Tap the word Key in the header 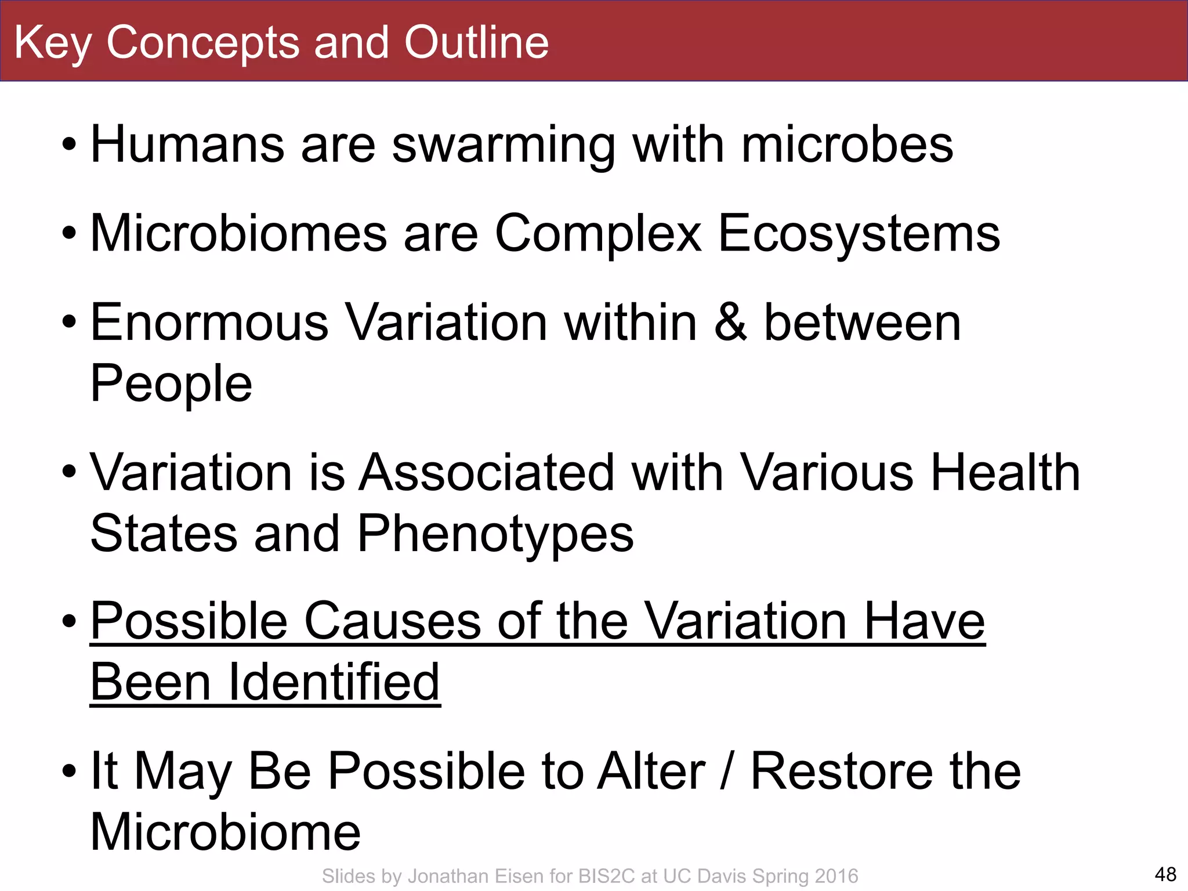(x=52, y=44)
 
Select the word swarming (x=503, y=145)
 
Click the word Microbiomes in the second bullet (x=239, y=233)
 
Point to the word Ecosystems (x=859, y=234)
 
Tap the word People (x=172, y=384)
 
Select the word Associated (x=486, y=473)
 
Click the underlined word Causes (x=393, y=621)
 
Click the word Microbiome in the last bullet (x=226, y=832)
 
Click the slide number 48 (x=1165, y=874)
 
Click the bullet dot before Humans (x=69, y=145)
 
